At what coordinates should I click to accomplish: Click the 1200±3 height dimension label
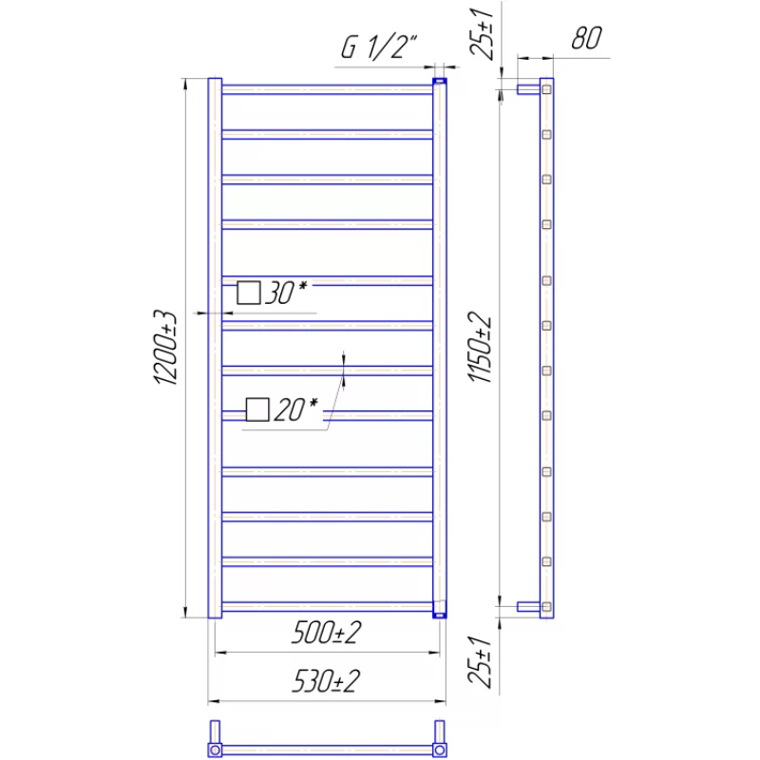pos(165,347)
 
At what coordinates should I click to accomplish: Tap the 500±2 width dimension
pos(326,632)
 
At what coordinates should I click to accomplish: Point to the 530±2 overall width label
pos(326,680)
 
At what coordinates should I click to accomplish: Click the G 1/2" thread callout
pos(379,47)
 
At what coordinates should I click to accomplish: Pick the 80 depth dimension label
pos(586,38)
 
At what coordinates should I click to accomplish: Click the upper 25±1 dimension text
pos(482,33)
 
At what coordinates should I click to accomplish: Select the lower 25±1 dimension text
pos(481,662)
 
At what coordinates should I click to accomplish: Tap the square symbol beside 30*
pos(249,293)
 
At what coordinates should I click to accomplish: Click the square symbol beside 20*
pos(257,409)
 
